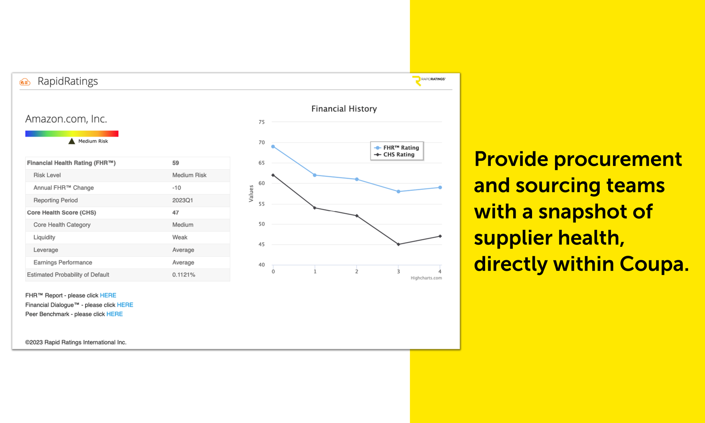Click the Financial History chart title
pyautogui.click(x=344, y=109)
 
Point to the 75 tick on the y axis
pyautogui.click(x=261, y=122)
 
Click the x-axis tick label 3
pyautogui.click(x=399, y=272)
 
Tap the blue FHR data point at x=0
pyautogui.click(x=273, y=147)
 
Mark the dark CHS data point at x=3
pyautogui.click(x=399, y=244)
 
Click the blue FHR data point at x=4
pyautogui.click(x=440, y=188)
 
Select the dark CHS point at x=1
pyautogui.click(x=315, y=208)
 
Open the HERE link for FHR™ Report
pyautogui.click(x=108, y=296)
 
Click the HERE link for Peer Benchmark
pyautogui.click(x=115, y=314)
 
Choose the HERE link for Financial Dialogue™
pyautogui.click(x=125, y=305)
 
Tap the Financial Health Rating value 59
pyautogui.click(x=176, y=163)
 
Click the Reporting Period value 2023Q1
pyautogui.click(x=182, y=200)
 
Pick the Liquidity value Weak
pyautogui.click(x=180, y=237)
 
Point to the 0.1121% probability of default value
pyautogui.click(x=183, y=275)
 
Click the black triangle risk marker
pyautogui.click(x=71, y=141)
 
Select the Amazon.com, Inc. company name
pyautogui.click(x=66, y=119)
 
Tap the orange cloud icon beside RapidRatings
pyautogui.click(x=25, y=82)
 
